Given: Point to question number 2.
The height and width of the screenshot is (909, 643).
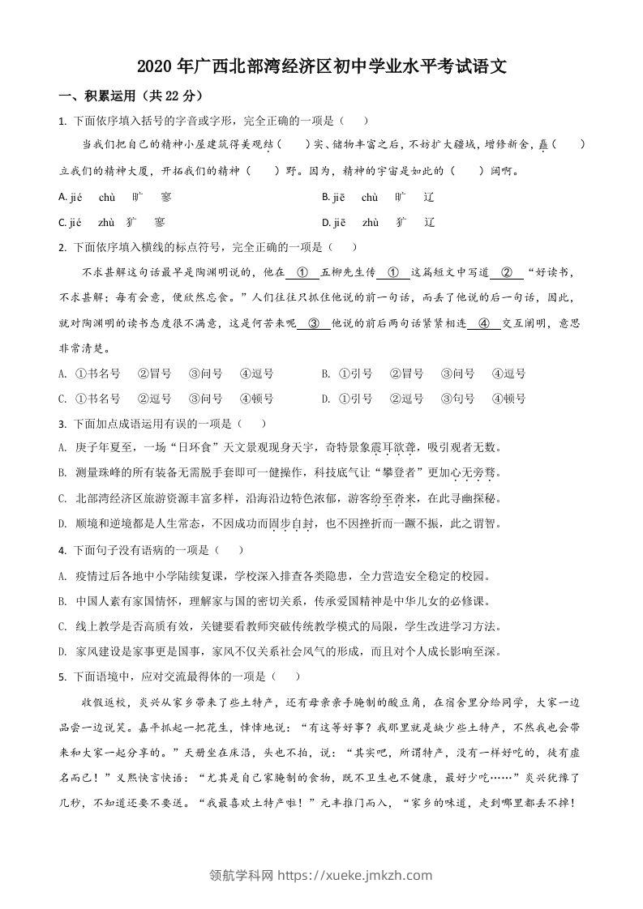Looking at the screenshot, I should [62, 247].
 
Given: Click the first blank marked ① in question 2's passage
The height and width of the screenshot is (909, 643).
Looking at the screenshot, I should [302, 272].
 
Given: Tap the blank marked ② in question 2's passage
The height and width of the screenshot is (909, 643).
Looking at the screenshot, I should [507, 272].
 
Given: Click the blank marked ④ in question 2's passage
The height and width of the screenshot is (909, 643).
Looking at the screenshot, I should [484, 323].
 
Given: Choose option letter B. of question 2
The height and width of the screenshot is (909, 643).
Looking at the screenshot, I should [325, 373].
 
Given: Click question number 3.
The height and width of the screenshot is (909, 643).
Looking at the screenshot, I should [62, 424].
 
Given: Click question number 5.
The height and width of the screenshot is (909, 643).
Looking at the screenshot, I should [62, 676].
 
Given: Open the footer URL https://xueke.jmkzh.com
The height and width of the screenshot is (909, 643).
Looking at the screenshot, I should [355, 875].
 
